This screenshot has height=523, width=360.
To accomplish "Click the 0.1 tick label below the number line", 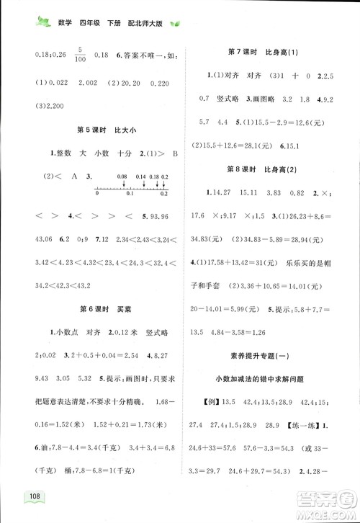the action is pos(130,194).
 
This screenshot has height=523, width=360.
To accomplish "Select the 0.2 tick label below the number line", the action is pos(164,194).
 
